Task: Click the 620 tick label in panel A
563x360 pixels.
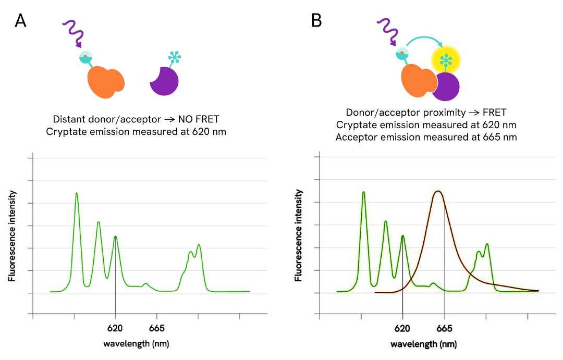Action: click(115, 328)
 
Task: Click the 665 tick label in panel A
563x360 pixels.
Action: click(157, 328)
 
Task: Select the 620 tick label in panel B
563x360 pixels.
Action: click(402, 328)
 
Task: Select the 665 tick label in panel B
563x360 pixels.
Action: click(444, 328)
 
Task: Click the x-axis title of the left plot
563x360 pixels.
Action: click(136, 344)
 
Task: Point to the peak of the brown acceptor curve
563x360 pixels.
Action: click(438, 192)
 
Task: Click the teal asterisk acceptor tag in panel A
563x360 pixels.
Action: click(174, 56)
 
